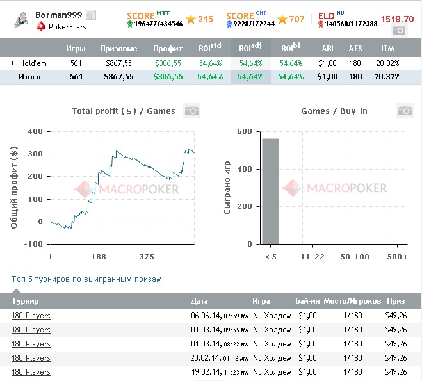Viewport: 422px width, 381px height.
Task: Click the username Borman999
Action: pyautogui.click(x=59, y=15)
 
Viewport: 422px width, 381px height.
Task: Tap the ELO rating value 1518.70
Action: pyautogui.click(x=397, y=19)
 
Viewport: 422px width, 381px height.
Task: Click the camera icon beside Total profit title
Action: pyautogui.click(x=191, y=111)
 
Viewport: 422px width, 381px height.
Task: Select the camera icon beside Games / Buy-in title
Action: pyautogui.click(x=404, y=111)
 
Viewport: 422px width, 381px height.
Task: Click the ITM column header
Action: pyautogui.click(x=387, y=48)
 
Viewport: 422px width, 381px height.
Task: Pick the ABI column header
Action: pyautogui.click(x=327, y=48)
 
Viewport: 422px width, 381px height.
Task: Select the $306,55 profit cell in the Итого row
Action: pyautogui.click(x=168, y=77)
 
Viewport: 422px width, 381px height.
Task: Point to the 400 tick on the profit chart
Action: pyautogui.click(x=35, y=132)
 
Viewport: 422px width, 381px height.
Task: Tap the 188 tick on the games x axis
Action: pyautogui.click(x=98, y=256)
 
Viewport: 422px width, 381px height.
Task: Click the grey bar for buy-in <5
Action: pyautogui.click(x=270, y=191)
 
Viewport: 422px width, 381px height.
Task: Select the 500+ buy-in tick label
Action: pyautogui.click(x=397, y=256)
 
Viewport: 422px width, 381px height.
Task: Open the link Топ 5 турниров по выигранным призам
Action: pyautogui.click(x=86, y=279)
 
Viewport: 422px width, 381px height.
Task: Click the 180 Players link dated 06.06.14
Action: pyautogui.click(x=31, y=316)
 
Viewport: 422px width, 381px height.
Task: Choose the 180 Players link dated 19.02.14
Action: pyautogui.click(x=31, y=372)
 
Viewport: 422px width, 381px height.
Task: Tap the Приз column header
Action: pyautogui.click(x=395, y=301)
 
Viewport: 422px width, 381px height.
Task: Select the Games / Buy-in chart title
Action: pyautogui.click(x=334, y=111)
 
